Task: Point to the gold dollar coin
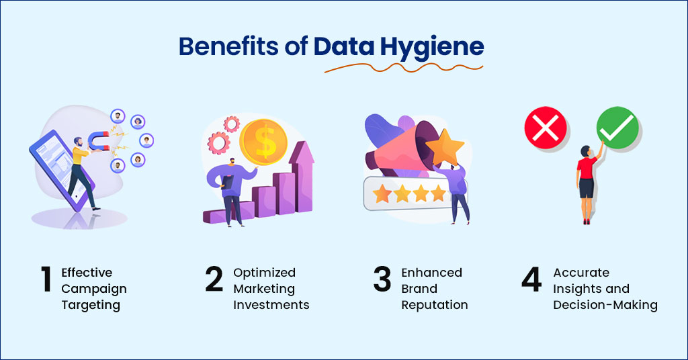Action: click(x=265, y=142)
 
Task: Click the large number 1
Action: click(x=46, y=280)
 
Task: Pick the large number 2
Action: click(x=214, y=280)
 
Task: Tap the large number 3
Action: click(x=382, y=280)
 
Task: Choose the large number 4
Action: click(x=531, y=280)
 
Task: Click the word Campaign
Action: click(x=94, y=289)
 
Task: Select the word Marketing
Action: click(x=264, y=289)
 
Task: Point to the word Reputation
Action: click(x=435, y=305)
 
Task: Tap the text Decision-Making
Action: click(x=605, y=305)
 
